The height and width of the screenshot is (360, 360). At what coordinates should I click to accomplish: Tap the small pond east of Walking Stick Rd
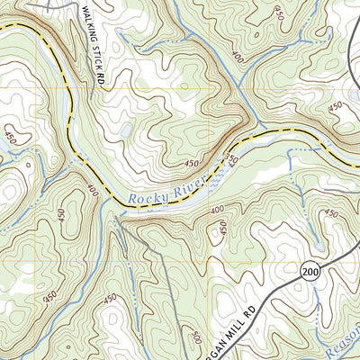(x=125, y=130)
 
